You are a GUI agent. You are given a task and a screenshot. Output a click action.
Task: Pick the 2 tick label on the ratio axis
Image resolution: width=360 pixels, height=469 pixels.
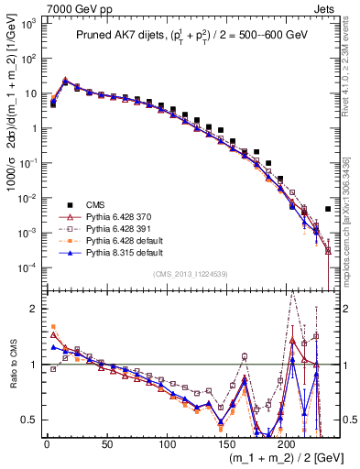click(x=36, y=309)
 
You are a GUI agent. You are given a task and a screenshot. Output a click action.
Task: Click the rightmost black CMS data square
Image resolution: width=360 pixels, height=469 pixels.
click(x=328, y=210)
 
